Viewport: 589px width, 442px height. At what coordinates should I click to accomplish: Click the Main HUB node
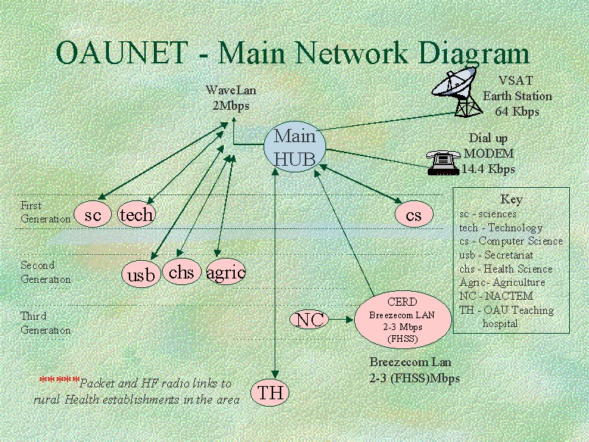(x=294, y=147)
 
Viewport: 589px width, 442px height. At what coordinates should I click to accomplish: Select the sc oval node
(x=93, y=215)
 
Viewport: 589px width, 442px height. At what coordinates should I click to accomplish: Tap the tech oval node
(x=136, y=214)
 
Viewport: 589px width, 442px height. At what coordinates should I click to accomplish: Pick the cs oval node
(x=413, y=214)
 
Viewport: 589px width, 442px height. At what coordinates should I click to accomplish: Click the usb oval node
(x=141, y=275)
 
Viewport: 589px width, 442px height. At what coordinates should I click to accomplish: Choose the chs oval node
(x=181, y=273)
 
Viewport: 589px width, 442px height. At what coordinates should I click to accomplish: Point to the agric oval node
(x=225, y=273)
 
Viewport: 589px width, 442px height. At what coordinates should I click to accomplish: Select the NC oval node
(x=310, y=320)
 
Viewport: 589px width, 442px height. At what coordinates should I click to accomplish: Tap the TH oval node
(x=271, y=393)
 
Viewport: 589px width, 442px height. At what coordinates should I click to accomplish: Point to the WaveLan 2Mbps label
(x=230, y=97)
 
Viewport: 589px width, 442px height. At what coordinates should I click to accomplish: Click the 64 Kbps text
(x=517, y=111)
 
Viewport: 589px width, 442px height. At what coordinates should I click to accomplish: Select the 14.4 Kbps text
(x=488, y=169)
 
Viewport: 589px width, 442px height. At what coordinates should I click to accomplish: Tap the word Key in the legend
(x=511, y=199)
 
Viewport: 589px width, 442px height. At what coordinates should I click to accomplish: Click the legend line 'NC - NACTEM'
(x=495, y=296)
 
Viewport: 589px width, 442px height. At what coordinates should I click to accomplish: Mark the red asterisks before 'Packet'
(x=59, y=381)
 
